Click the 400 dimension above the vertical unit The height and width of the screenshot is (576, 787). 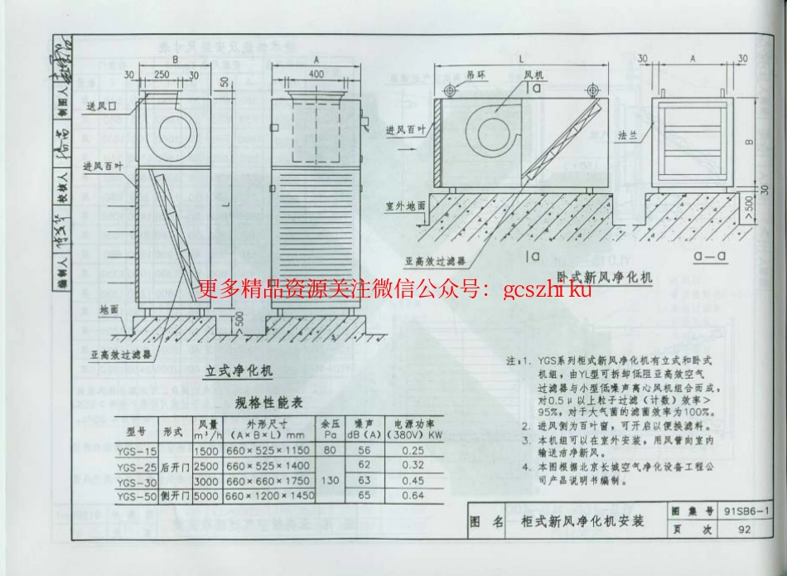point(316,74)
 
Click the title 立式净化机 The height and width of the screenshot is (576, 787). point(239,370)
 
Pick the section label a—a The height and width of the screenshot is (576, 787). point(711,258)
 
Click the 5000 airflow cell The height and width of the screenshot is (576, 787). point(205,495)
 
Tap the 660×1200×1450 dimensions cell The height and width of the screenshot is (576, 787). point(269,495)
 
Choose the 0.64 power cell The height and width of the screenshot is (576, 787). point(413,495)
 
